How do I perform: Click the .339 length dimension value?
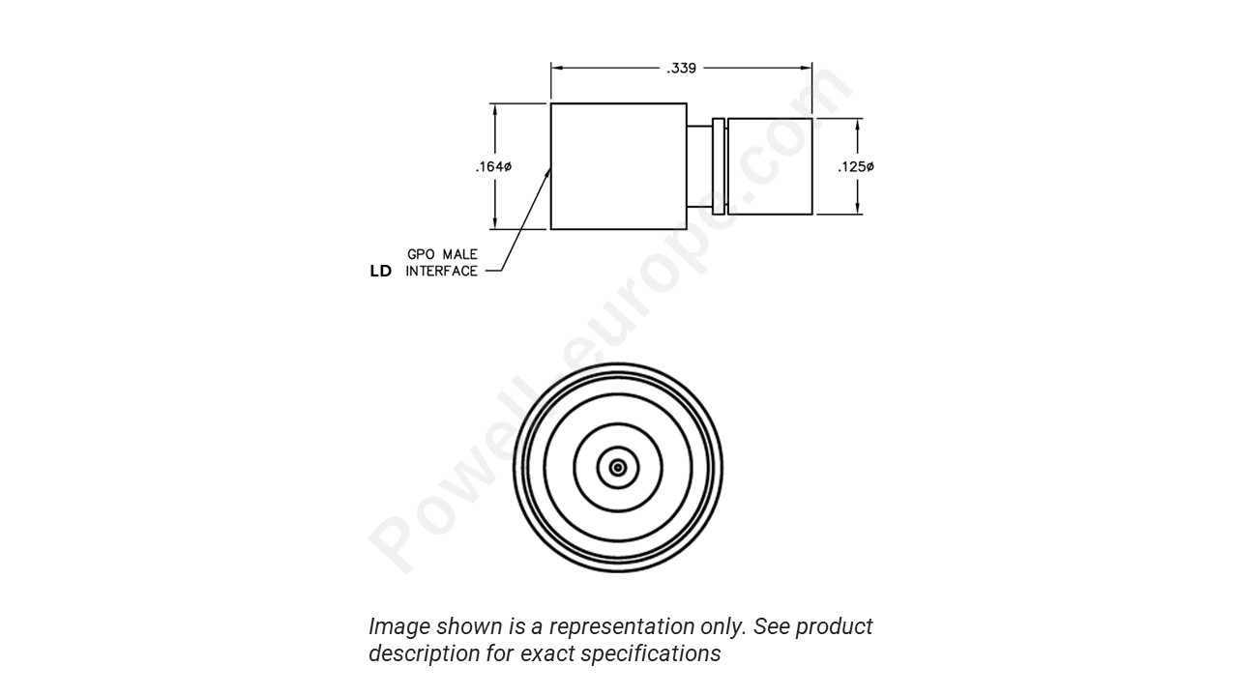point(681,69)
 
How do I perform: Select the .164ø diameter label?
point(493,167)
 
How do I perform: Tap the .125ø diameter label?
point(856,167)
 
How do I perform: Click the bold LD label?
point(381,272)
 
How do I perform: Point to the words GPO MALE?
point(442,254)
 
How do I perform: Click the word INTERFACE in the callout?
point(441,272)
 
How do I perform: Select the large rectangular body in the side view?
point(618,166)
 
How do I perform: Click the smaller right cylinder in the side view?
point(770,166)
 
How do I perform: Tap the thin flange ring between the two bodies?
point(718,166)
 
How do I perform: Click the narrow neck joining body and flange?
point(698,166)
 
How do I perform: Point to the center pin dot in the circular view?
point(618,468)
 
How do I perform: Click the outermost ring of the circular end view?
point(618,365)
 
